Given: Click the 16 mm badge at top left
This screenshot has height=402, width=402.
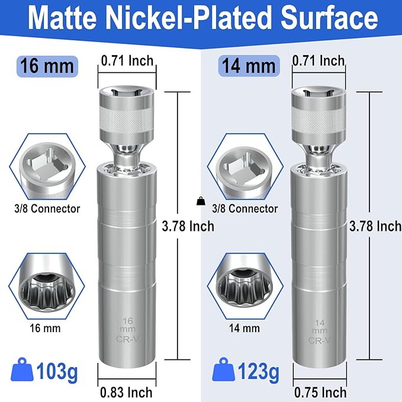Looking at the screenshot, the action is (x=47, y=66).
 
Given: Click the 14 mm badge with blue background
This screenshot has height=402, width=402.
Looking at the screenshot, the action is (x=249, y=66).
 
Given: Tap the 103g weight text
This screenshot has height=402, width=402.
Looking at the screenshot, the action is (x=57, y=371).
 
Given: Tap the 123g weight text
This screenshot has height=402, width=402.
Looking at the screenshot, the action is (x=258, y=371).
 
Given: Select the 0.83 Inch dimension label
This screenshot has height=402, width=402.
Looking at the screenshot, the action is (x=126, y=393).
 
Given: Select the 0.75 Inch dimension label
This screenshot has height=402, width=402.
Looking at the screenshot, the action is (x=320, y=393).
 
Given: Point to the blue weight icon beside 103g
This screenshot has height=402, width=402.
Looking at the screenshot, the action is (x=22, y=369).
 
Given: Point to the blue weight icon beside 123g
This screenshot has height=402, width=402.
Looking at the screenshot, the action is (x=224, y=369).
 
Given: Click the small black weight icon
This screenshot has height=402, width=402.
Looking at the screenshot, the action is (x=201, y=201).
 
